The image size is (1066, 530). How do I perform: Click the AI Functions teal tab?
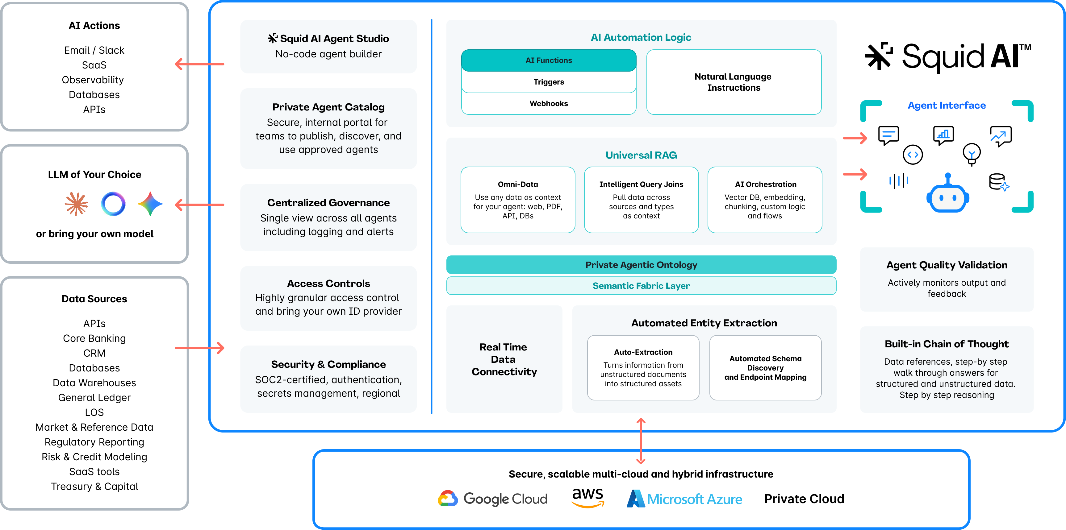pyautogui.click(x=548, y=60)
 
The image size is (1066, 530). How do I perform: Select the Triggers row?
pyautogui.click(x=548, y=82)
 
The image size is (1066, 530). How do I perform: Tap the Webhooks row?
pyautogui.click(x=548, y=103)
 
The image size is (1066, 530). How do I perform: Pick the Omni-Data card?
pyautogui.click(x=518, y=200)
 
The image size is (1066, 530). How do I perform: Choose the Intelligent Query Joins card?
pyautogui.click(x=641, y=200)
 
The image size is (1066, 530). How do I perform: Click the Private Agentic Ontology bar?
pyautogui.click(x=641, y=265)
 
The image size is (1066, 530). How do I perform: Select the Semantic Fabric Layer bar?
pyautogui.click(x=641, y=286)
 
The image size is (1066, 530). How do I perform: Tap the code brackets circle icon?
pyautogui.click(x=913, y=155)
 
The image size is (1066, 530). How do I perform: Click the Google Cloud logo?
pyautogui.click(x=492, y=499)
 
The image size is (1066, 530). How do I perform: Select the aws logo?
pyautogui.click(x=587, y=497)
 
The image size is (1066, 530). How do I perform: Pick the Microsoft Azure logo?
pyautogui.click(x=684, y=499)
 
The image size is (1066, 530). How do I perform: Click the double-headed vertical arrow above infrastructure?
pyautogui.click(x=641, y=441)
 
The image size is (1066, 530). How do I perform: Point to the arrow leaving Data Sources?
pyautogui.click(x=199, y=348)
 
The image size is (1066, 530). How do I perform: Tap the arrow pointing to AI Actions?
pyautogui.click(x=199, y=64)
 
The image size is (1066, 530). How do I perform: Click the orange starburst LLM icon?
pyautogui.click(x=77, y=204)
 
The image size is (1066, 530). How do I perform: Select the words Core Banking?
pyautogui.click(x=94, y=338)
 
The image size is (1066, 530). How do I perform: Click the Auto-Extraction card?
pyautogui.click(x=643, y=367)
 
